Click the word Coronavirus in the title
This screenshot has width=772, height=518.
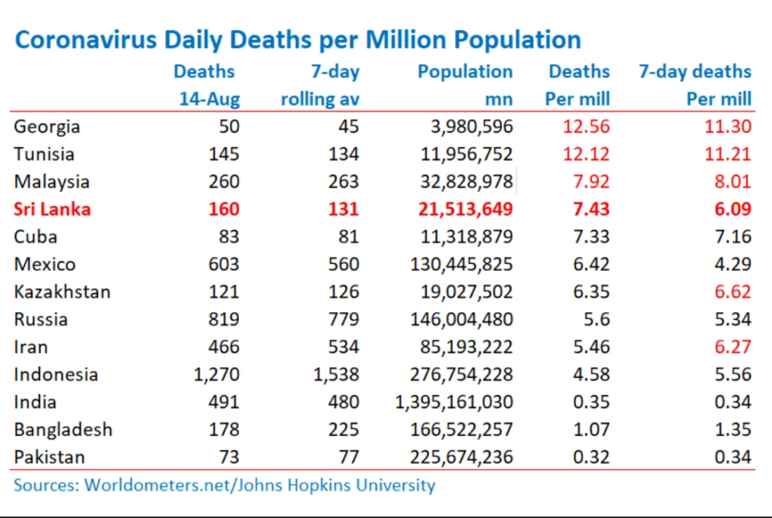86,40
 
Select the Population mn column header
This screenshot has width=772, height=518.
465,85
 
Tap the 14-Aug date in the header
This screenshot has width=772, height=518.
210,99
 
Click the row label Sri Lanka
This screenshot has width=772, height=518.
52,210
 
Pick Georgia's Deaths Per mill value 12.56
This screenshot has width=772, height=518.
586,127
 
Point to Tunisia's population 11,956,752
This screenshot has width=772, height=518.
466,154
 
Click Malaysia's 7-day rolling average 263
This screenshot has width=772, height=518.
344,182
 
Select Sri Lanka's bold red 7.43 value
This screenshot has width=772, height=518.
591,210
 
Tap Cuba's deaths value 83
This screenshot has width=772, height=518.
229,237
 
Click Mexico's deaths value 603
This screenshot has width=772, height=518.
223,265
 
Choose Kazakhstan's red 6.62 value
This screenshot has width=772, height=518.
733,292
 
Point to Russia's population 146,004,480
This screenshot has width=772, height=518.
461,320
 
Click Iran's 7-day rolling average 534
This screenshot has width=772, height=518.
344,347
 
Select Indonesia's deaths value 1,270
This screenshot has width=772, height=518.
216,375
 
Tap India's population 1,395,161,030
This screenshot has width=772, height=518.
454,403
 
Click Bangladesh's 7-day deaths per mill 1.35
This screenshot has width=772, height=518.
733,430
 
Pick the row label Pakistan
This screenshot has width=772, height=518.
49,458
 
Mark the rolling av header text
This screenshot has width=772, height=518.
320,99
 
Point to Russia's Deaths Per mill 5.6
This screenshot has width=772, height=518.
596,320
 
